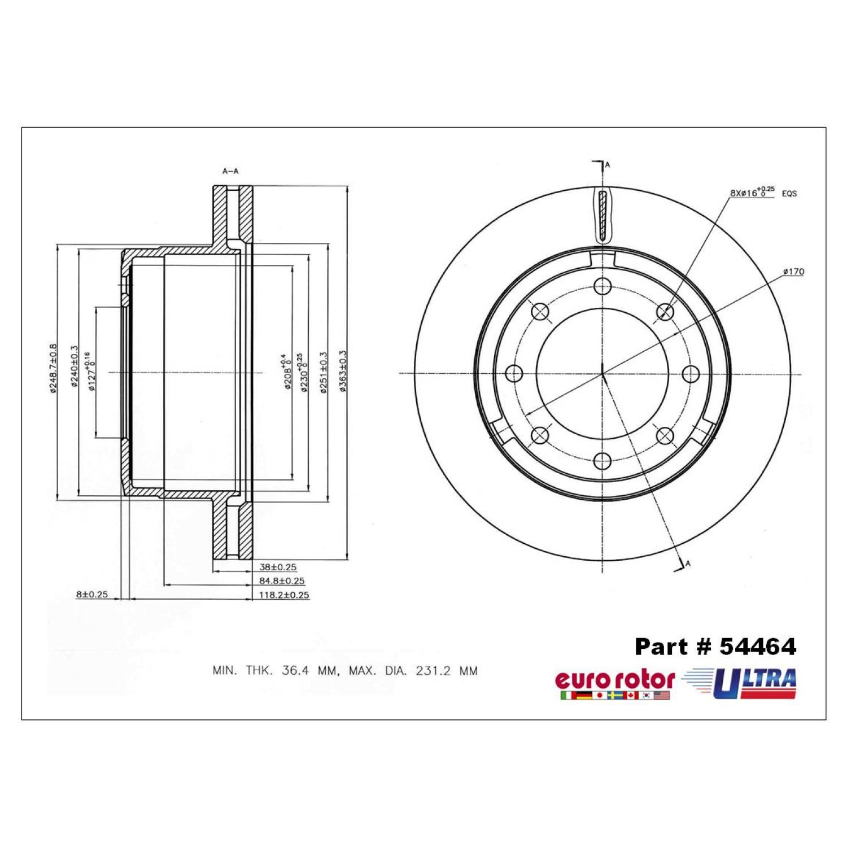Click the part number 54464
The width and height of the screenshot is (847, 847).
[x=757, y=647]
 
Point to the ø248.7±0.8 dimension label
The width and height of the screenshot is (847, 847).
[x=53, y=368]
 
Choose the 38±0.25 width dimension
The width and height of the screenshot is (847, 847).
[x=278, y=567]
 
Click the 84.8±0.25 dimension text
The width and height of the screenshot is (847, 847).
[x=282, y=581]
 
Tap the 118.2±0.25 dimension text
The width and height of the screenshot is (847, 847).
[x=284, y=595]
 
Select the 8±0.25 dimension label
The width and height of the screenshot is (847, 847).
[x=92, y=594]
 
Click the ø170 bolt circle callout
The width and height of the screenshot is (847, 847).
[x=793, y=272]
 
